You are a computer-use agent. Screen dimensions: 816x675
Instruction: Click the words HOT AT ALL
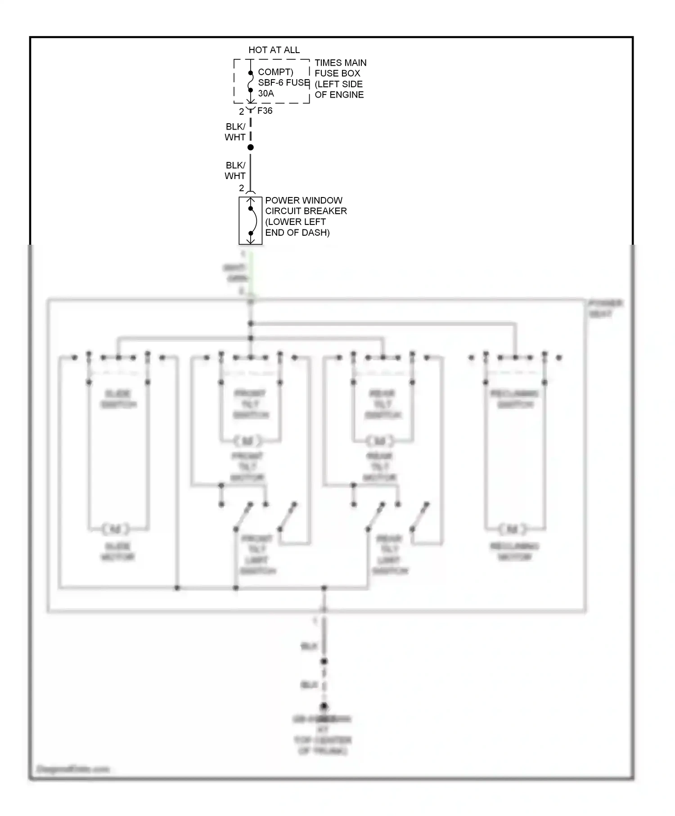click(x=274, y=50)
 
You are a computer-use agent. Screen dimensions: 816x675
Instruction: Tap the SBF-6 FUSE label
click(x=283, y=83)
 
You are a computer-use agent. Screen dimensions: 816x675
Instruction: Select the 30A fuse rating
click(x=266, y=94)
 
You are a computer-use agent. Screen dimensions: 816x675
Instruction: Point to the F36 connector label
click(x=265, y=111)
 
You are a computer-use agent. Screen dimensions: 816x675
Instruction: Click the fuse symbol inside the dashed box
click(x=251, y=82)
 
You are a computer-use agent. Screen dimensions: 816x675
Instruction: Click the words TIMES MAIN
click(x=340, y=63)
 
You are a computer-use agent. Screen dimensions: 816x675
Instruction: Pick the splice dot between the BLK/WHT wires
click(x=251, y=147)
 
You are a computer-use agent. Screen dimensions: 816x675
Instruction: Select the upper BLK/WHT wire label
click(x=235, y=132)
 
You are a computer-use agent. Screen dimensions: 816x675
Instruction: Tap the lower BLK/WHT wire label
click(x=235, y=170)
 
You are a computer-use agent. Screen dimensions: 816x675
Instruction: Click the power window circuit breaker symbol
click(x=251, y=220)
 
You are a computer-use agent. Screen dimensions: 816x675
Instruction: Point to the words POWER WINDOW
click(x=304, y=200)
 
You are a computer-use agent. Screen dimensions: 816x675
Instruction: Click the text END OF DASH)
click(x=297, y=233)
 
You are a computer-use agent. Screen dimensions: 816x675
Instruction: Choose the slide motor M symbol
click(x=116, y=529)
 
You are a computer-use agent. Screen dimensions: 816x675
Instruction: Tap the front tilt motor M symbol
click(x=248, y=440)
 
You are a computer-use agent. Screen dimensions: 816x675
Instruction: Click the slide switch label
click(x=118, y=399)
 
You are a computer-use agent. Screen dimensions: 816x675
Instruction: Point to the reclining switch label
click(x=515, y=399)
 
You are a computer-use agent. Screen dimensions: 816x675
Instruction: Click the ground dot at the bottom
click(x=324, y=707)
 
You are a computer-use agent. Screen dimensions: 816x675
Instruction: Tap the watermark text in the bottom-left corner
click(x=73, y=769)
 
